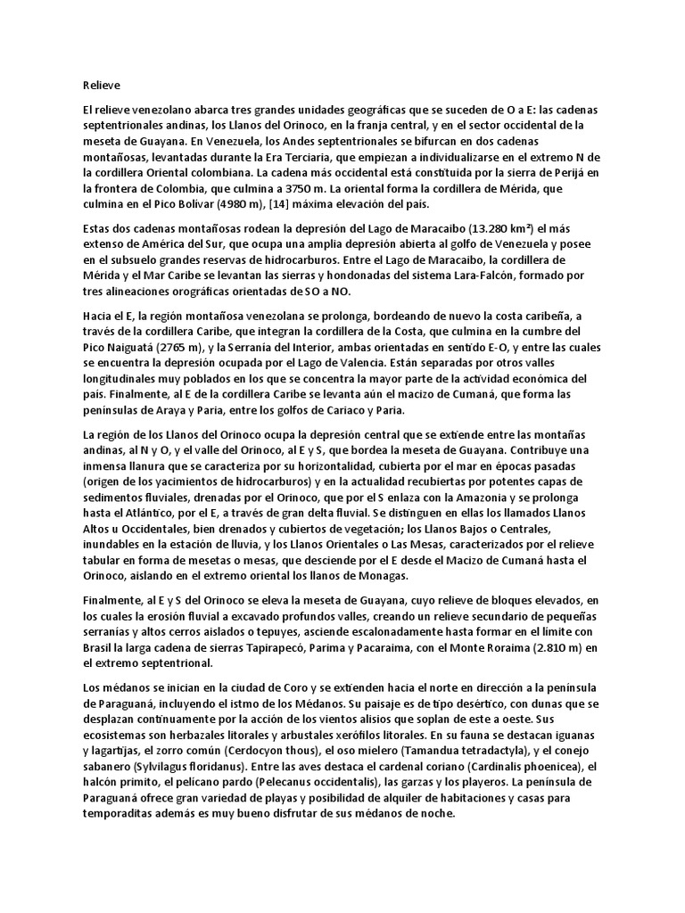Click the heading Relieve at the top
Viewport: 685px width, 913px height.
pyautogui.click(x=100, y=86)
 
